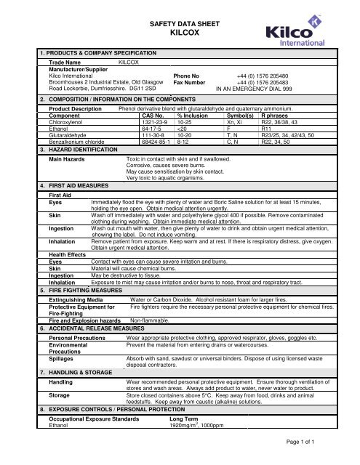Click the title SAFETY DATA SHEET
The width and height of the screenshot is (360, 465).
180,24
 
